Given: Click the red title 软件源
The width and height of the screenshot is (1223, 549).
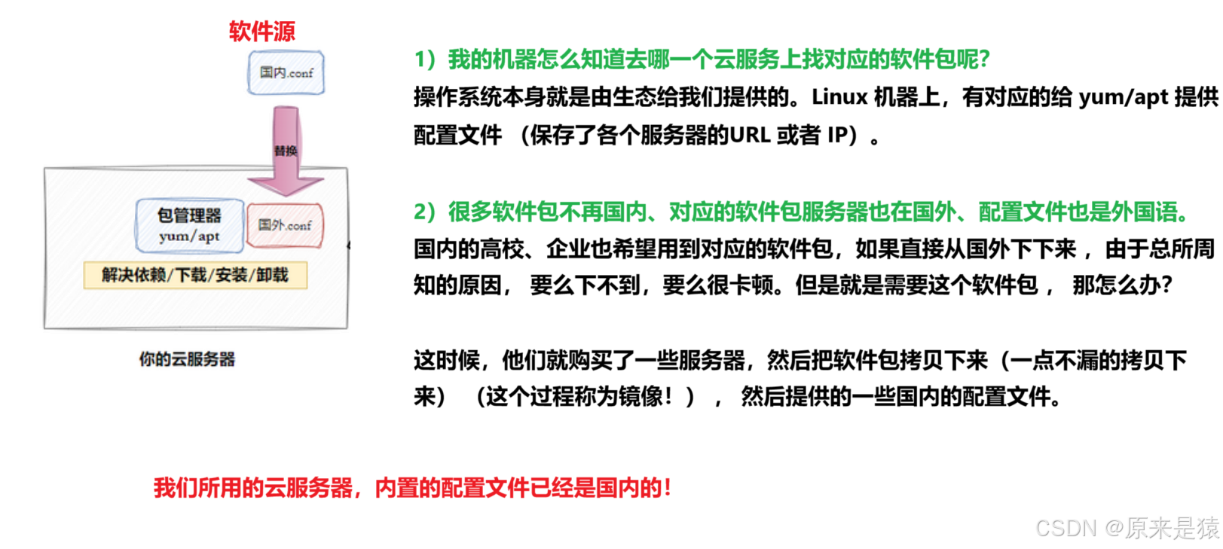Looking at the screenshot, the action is tap(262, 31).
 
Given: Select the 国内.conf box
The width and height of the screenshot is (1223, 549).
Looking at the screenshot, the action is tap(286, 73).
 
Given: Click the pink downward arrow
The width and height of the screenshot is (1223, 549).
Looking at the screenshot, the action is tap(286, 158).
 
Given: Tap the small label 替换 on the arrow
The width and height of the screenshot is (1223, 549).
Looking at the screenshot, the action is tap(286, 151).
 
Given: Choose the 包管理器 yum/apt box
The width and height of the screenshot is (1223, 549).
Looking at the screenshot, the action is tap(189, 225).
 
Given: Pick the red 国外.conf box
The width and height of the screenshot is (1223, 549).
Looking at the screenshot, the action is tap(285, 225).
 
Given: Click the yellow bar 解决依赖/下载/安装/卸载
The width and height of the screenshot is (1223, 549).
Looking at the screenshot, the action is tap(195, 276).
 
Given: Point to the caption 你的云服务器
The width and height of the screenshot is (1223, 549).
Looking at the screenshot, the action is tap(187, 359).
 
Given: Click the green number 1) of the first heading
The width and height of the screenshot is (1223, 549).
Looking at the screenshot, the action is tap(425, 59).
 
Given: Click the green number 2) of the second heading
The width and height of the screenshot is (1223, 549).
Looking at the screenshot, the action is tap(424, 212).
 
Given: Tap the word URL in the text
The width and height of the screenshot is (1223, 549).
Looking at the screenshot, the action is tap(750, 136).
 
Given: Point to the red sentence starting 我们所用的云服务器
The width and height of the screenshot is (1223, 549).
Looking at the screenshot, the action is tap(412, 488).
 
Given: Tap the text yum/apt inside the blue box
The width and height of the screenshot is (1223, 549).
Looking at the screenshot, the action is tap(189, 236).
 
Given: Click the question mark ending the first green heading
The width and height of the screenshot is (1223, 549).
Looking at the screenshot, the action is tap(983, 59).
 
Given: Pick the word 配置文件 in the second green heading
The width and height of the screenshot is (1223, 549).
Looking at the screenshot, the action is tap(1022, 212).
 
